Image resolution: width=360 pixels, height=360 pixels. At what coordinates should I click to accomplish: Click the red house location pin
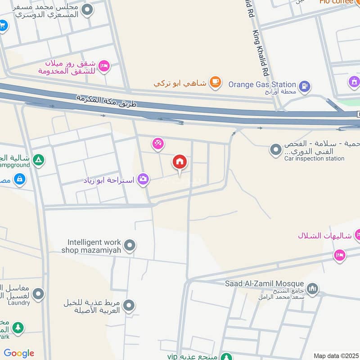pyautogui.click(x=180, y=162)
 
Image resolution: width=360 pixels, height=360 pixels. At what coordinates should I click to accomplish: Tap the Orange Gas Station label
pyautogui.click(x=262, y=84)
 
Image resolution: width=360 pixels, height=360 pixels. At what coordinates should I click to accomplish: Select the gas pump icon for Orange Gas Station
pyautogui.click(x=305, y=85)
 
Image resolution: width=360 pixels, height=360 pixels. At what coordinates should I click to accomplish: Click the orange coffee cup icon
pyautogui.click(x=216, y=82)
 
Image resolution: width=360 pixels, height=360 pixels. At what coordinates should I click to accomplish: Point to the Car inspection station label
pyautogui.click(x=314, y=158)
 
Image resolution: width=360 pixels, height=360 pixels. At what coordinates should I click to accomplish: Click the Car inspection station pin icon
pyautogui.click(x=275, y=149)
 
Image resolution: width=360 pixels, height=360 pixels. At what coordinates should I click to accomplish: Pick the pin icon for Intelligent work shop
pyautogui.click(x=130, y=246)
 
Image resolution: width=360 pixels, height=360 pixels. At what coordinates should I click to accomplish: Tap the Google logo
pyautogui.click(x=19, y=353)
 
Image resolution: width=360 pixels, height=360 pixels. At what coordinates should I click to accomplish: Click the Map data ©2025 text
pyautogui.click(x=335, y=356)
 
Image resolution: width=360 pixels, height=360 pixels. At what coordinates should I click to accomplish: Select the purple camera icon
pyautogui.click(x=143, y=179)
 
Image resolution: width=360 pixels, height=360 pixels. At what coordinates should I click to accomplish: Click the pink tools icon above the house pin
pyautogui.click(x=157, y=144)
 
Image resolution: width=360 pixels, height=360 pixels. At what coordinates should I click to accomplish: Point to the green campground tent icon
pyautogui.click(x=39, y=159)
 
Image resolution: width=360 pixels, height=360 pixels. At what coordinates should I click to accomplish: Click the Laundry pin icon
pyautogui.click(x=39, y=294)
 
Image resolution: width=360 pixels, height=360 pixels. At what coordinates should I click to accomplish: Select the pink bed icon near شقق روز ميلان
pyautogui.click(x=104, y=66)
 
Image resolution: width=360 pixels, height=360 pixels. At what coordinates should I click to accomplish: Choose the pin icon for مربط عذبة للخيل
pyautogui.click(x=129, y=306)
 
